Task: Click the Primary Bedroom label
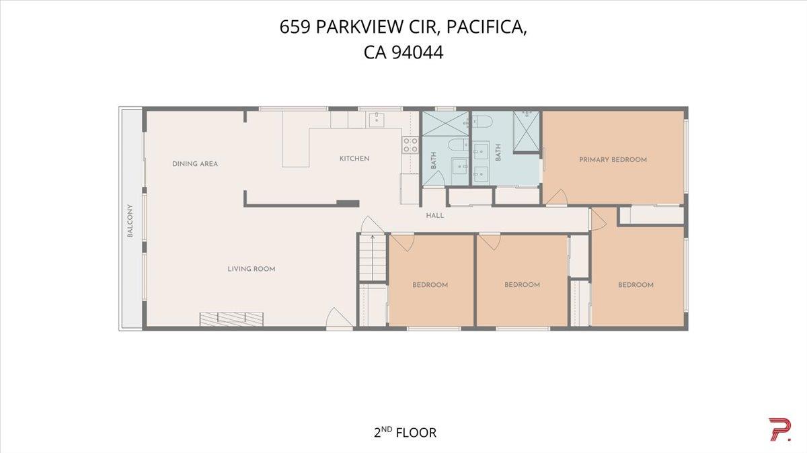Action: [613, 160]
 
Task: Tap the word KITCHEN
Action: [354, 159]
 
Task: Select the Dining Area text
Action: [195, 164]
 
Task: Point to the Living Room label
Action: [251, 269]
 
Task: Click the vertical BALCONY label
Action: [130, 221]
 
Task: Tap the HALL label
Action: [435, 216]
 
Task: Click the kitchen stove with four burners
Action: [410, 145]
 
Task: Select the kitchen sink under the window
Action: [375, 120]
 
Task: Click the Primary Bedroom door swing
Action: [555, 198]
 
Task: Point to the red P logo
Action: [779, 429]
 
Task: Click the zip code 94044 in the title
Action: [418, 52]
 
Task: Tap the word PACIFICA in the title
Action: [493, 28]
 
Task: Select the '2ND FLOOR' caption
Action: [405, 432]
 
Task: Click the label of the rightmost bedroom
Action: [636, 285]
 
